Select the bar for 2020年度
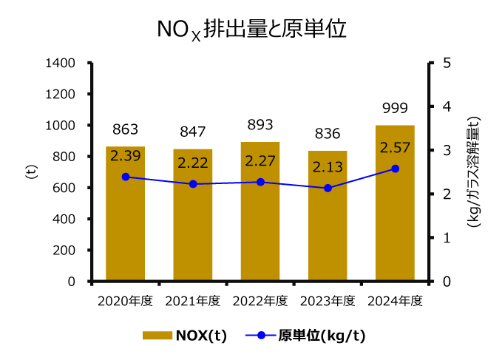(125, 222)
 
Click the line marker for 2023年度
(328, 188)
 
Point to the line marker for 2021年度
(193, 184)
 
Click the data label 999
(395, 109)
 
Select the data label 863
(125, 130)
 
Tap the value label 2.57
(395, 149)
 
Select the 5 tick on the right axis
(445, 64)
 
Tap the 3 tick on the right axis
(445, 150)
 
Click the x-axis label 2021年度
(193, 301)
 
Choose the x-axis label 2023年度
(328, 301)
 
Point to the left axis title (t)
(31, 172)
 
